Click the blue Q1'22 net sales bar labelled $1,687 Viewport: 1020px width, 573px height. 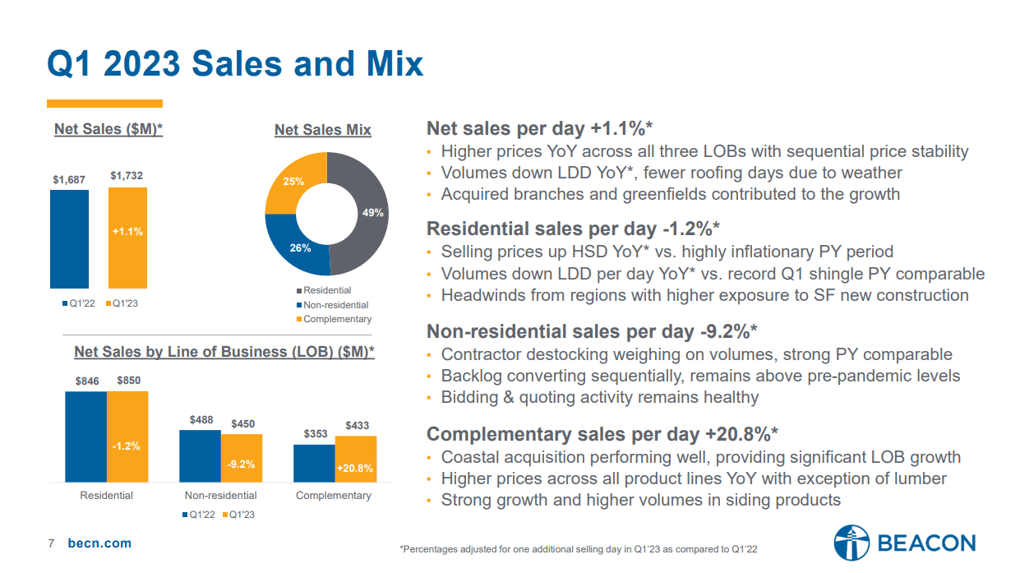[69, 238]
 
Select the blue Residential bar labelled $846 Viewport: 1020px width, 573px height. [85, 436]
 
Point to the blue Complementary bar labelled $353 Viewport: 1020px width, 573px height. [314, 463]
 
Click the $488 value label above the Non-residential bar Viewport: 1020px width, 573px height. [201, 420]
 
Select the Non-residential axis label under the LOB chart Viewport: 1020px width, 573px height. [220, 496]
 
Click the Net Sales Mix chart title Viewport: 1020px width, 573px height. [322, 130]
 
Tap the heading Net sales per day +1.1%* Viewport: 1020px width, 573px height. [539, 128]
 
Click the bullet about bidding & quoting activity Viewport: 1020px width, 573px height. [599, 397]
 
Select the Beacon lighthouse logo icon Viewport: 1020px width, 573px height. [851, 543]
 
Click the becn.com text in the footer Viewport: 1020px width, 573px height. [99, 543]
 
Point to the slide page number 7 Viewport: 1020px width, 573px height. [51, 543]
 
